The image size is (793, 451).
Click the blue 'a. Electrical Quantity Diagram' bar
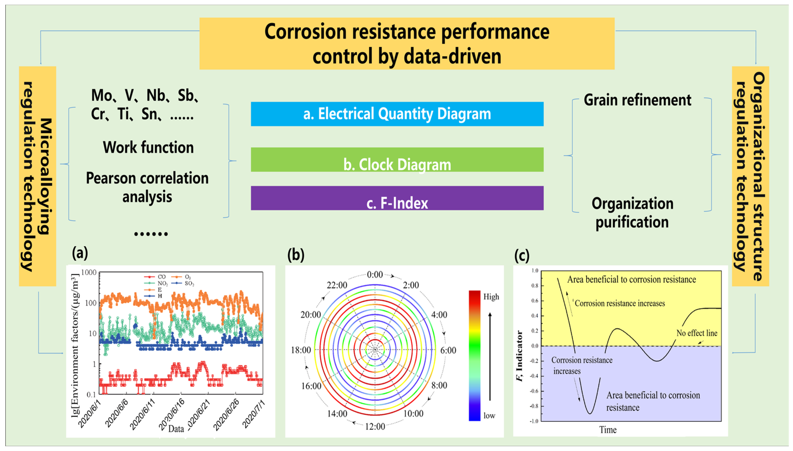[x=397, y=114]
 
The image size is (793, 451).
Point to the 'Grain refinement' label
[x=637, y=100]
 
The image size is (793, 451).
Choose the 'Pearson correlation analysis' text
[x=147, y=187]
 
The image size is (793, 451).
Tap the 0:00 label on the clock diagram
[x=375, y=275]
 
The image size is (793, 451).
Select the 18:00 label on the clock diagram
[x=301, y=350]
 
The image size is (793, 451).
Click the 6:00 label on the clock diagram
[x=448, y=350]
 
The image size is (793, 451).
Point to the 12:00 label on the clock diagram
[x=375, y=427]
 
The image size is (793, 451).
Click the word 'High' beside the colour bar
[x=491, y=297]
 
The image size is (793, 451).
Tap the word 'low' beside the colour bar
[x=489, y=416]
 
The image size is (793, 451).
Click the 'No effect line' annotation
[x=697, y=333]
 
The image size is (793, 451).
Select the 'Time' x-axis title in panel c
[x=608, y=430]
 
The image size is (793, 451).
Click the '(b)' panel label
[x=296, y=255]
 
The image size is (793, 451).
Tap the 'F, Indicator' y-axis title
[x=519, y=356]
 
